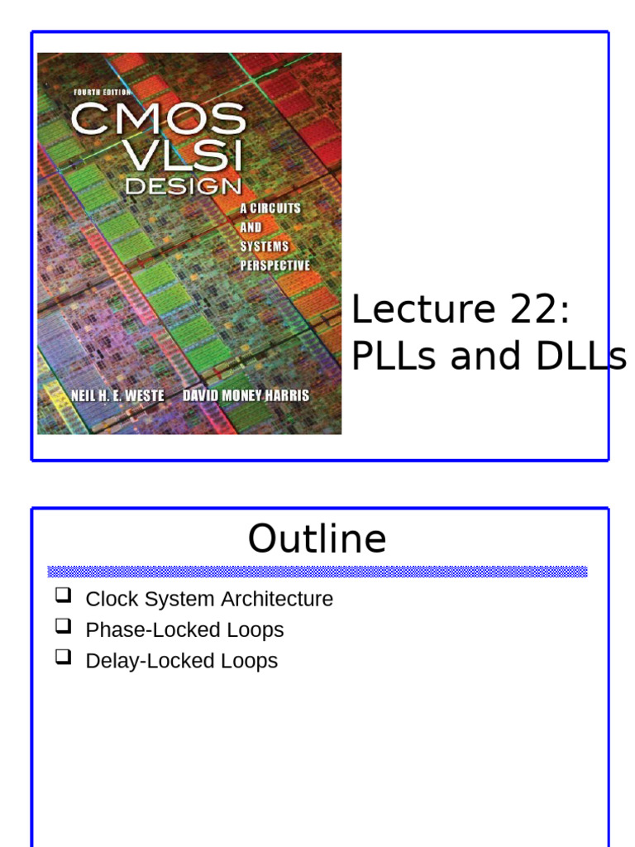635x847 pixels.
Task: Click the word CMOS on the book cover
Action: (158, 119)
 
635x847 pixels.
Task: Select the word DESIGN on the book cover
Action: (183, 187)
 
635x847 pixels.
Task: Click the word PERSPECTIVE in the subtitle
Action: (275, 266)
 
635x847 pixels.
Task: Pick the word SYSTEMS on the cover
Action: (264, 246)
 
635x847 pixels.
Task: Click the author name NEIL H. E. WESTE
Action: (117, 395)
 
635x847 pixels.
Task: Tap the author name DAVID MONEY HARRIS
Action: (246, 395)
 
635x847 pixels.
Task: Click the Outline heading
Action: (317, 539)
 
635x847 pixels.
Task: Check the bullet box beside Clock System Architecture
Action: (64, 596)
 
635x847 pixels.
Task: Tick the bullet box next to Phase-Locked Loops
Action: (64, 626)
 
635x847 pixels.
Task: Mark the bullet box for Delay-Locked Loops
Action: (64, 657)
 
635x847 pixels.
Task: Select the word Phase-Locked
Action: (144, 629)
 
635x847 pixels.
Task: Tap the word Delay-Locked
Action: (141, 660)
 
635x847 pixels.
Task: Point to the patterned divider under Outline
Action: (317, 572)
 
